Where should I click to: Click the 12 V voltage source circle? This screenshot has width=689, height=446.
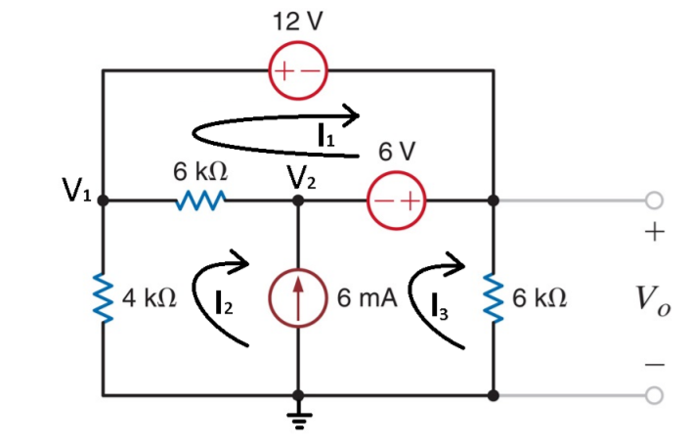point(297,71)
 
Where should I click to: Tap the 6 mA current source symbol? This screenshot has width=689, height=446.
point(298,297)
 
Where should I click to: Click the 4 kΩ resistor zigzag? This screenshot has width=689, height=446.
point(103,297)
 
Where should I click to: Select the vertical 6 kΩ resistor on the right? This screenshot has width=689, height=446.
point(494,297)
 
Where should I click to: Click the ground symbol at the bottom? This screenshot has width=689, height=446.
point(298,419)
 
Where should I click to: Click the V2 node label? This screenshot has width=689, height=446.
point(302,177)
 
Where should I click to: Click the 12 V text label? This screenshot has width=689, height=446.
point(298,22)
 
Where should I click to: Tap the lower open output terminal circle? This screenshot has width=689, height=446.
point(653,395)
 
